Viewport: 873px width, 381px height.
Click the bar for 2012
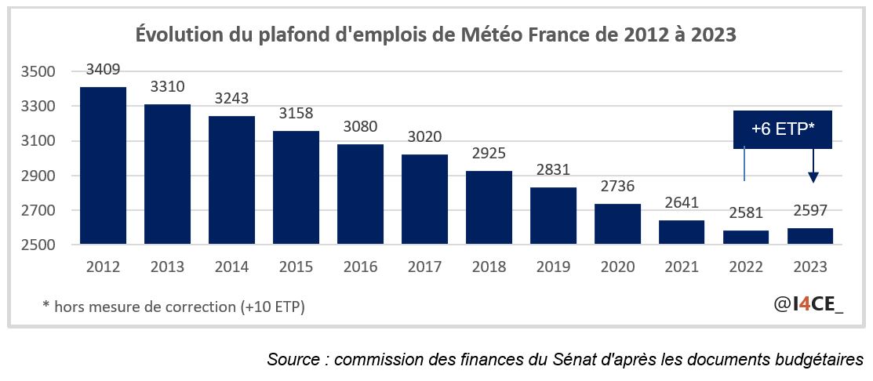103,165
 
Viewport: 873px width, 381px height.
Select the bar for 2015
296,187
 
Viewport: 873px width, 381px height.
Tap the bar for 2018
489,207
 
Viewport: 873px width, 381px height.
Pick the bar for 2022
746,237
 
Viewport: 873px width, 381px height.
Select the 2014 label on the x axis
231,267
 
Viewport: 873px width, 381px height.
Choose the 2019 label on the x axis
553,267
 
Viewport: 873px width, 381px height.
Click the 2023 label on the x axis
810,267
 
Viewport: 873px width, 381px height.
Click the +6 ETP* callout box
782,129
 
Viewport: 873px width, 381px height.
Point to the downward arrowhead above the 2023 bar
813,178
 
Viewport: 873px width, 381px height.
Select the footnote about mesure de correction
173,306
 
